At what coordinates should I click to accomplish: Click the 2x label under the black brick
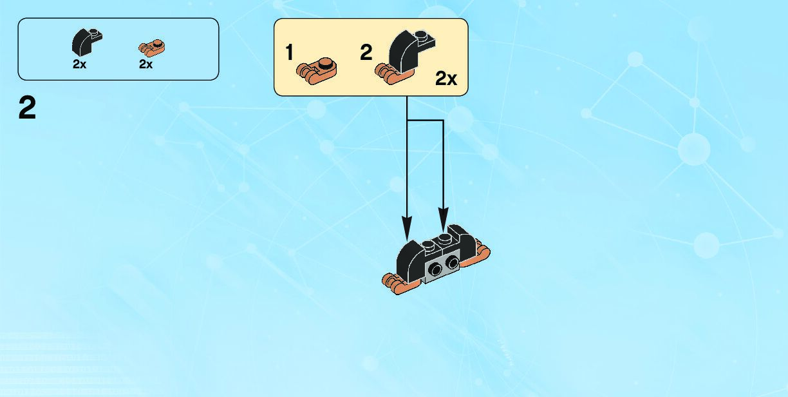[79, 64]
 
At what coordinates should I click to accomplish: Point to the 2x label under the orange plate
[145, 64]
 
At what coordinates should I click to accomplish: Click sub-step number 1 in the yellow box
[290, 53]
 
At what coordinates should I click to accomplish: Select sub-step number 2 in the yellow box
[366, 53]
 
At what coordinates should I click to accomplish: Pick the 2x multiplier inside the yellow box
[446, 79]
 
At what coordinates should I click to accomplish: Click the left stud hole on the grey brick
[437, 269]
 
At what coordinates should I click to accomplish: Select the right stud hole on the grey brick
[453, 263]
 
